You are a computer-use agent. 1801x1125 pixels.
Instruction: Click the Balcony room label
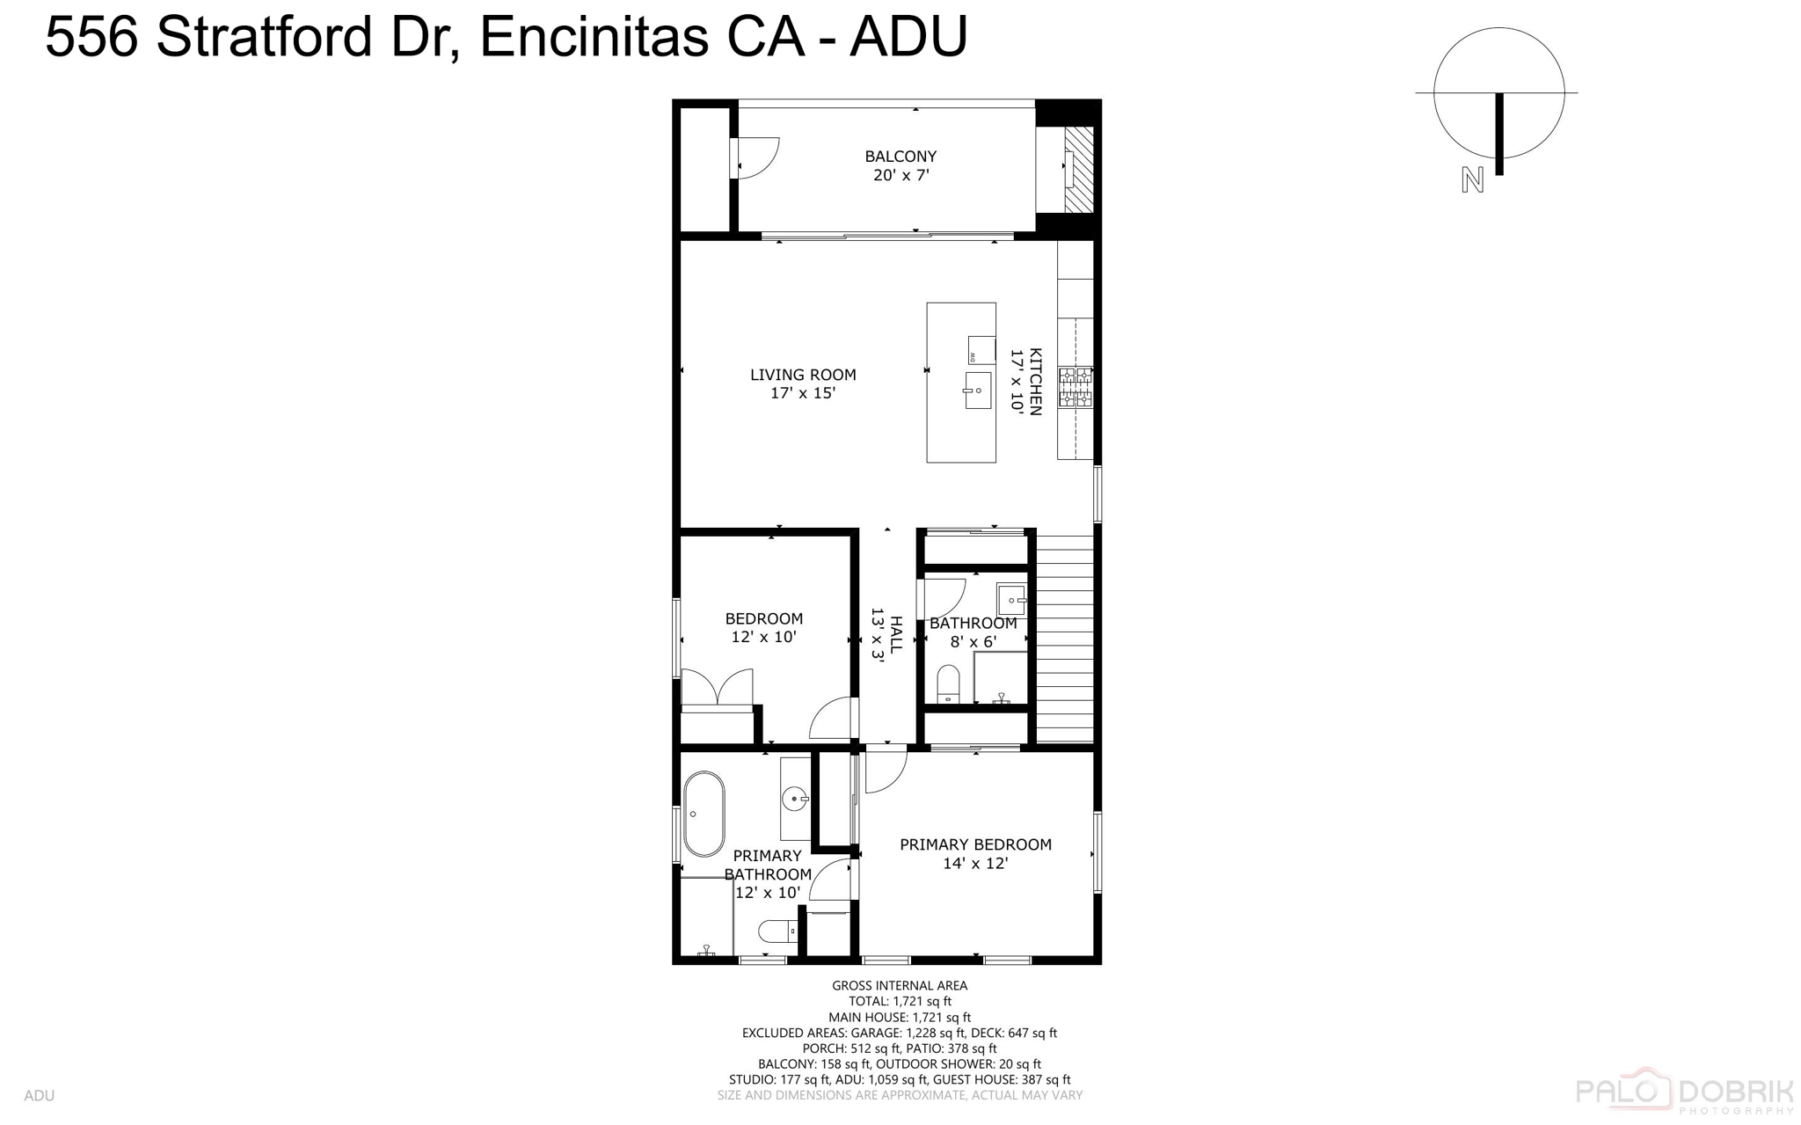tap(900, 165)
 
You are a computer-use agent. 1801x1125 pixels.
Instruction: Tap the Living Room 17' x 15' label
tap(802, 384)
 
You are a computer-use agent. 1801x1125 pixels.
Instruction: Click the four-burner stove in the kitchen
tap(1075, 387)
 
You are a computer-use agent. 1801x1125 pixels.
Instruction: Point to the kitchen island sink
tap(977, 390)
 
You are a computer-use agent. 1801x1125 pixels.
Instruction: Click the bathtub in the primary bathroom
tap(704, 815)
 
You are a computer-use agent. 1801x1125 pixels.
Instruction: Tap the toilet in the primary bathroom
tap(777, 931)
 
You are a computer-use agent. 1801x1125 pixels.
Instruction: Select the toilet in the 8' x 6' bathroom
tap(948, 684)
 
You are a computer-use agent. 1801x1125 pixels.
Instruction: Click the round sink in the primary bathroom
tap(795, 799)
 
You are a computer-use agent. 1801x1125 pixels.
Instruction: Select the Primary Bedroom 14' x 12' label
tap(975, 853)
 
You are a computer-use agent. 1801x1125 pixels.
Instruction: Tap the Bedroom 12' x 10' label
tap(763, 627)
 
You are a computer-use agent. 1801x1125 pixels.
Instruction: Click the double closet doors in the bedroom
tap(717, 688)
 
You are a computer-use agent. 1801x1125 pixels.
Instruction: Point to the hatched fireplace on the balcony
tap(1079, 169)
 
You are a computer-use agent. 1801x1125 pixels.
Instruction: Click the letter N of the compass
tap(1472, 179)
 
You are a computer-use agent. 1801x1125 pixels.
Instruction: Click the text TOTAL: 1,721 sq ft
tap(900, 1001)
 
